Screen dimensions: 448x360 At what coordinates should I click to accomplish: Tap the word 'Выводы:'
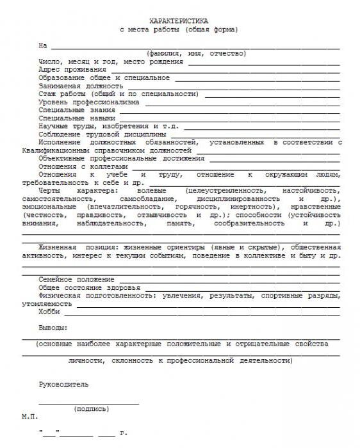click(53, 328)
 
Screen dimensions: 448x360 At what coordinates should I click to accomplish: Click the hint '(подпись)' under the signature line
click(92, 408)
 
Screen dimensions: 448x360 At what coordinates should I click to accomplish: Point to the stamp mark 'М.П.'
click(29, 416)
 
